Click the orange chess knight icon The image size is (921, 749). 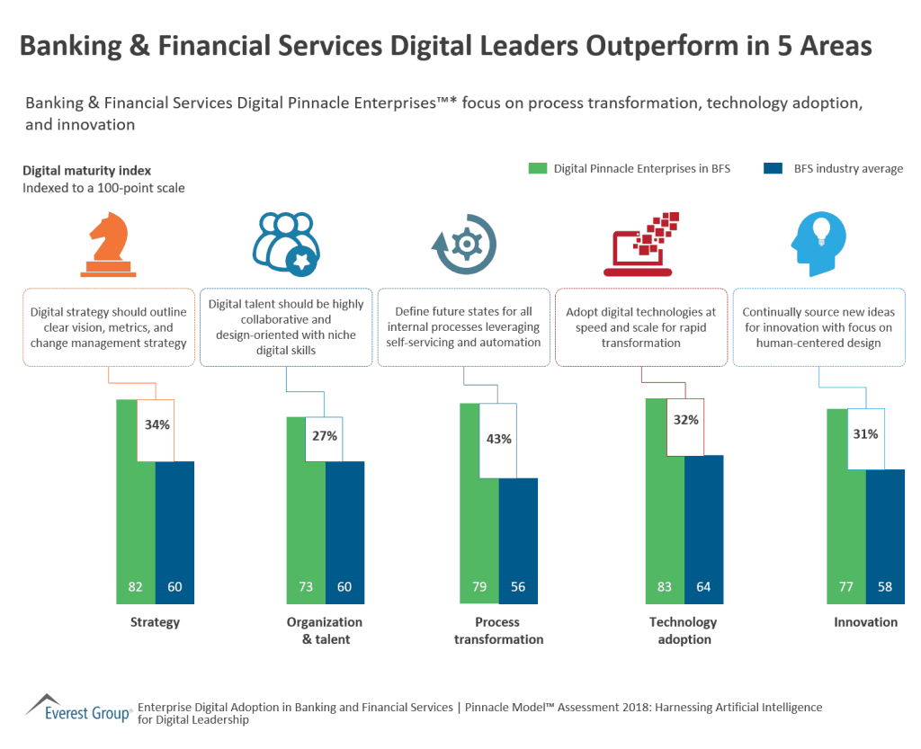click(108, 242)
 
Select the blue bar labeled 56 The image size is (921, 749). click(518, 540)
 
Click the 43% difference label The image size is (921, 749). click(498, 439)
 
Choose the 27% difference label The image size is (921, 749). click(325, 436)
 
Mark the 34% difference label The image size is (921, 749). click(156, 424)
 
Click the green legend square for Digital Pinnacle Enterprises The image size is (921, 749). click(537, 168)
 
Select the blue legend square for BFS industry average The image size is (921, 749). click(771, 168)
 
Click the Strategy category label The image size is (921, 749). click(155, 622)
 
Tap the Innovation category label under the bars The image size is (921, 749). click(865, 622)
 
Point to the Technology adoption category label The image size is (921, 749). click(683, 630)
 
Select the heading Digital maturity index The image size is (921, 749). click(86, 170)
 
